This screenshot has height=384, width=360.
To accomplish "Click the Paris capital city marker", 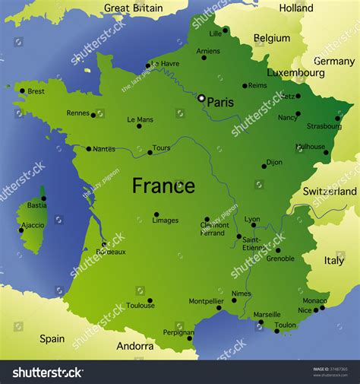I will (x=201, y=98).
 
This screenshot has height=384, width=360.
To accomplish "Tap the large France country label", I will (x=163, y=186).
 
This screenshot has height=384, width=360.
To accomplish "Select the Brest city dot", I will (x=22, y=91).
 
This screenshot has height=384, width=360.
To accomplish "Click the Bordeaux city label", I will (x=112, y=252).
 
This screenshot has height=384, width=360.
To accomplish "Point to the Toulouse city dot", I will (x=150, y=300).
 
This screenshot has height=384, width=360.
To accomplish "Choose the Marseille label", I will (x=267, y=314).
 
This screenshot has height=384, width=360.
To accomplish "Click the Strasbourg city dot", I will (x=338, y=118).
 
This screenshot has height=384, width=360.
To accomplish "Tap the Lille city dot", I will (x=225, y=30).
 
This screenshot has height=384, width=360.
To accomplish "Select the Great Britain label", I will (x=134, y=8).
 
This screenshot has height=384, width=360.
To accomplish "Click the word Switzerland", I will (x=330, y=192).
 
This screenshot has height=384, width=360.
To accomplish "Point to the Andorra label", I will (x=135, y=346).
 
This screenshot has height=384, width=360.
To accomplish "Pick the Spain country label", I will (x=52, y=339).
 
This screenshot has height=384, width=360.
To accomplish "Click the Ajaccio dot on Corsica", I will (x=21, y=230).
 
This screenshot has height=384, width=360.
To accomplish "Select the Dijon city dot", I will (x=264, y=166).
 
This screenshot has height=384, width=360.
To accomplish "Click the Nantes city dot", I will (x=89, y=149).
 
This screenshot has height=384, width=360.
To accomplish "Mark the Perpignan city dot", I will (x=189, y=338).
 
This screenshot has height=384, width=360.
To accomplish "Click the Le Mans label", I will (x=140, y=119).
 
